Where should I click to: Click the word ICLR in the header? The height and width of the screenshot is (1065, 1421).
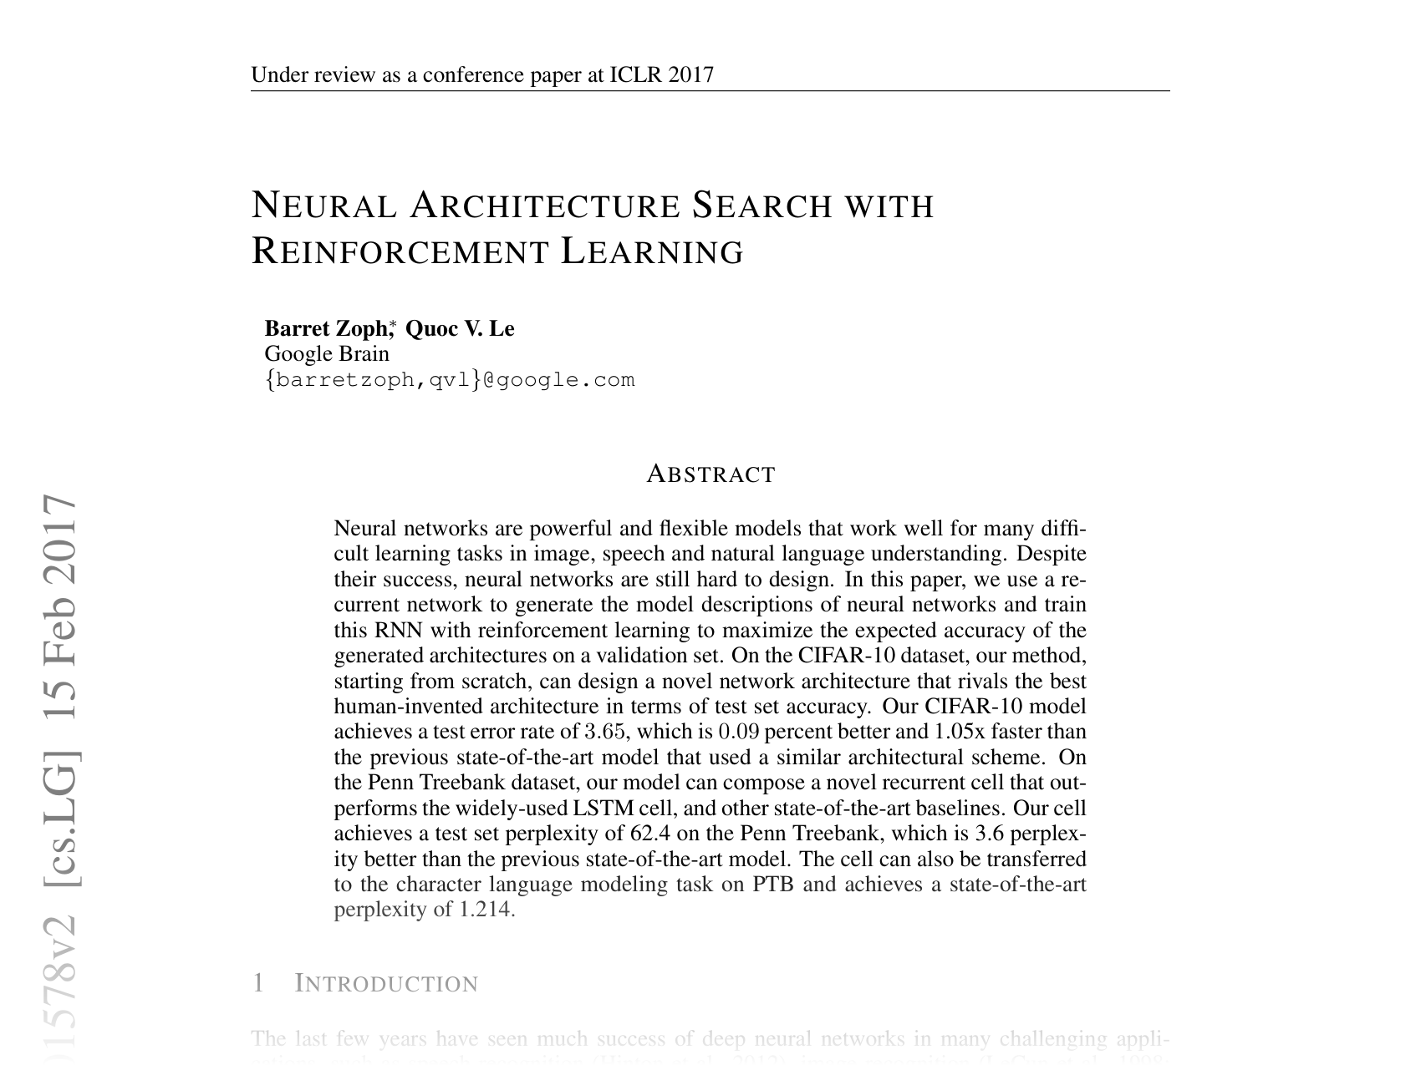(636, 75)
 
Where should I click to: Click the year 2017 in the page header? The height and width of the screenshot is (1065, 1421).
(691, 75)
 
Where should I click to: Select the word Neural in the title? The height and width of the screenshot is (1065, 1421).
(324, 205)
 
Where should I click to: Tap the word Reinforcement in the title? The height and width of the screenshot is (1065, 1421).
(400, 251)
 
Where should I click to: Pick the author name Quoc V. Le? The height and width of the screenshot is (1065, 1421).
(460, 328)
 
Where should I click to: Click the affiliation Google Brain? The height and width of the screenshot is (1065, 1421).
(327, 353)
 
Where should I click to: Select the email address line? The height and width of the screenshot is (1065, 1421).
(450, 380)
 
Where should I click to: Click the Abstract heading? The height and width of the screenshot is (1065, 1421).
(710, 474)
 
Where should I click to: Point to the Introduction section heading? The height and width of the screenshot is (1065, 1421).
(386, 984)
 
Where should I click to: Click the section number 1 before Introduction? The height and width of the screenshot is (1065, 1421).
(258, 984)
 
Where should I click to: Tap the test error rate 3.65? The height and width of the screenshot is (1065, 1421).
(605, 732)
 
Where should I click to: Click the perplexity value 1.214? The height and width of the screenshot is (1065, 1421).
(484, 910)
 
